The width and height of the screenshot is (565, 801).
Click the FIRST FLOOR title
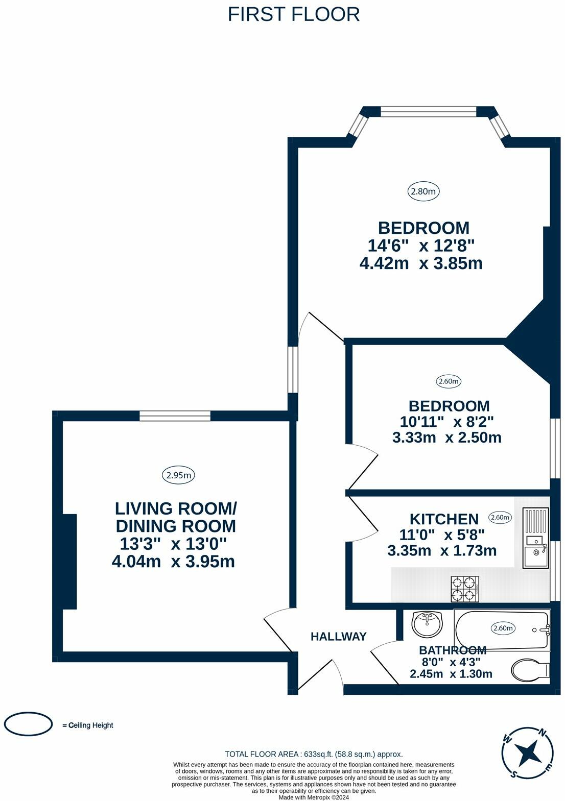tap(293, 15)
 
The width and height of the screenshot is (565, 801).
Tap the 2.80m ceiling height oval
tap(423, 191)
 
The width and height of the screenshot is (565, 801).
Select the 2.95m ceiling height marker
tap(179, 475)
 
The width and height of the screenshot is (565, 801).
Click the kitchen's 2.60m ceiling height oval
tap(500, 517)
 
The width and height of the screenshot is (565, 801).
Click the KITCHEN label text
tap(444, 519)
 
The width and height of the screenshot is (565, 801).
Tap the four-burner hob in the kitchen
tap(465, 589)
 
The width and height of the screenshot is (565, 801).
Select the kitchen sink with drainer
tap(536, 538)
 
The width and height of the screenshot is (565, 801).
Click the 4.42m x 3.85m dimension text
tap(421, 263)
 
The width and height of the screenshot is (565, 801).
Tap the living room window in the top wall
tap(175, 416)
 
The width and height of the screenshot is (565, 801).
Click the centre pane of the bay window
tap(428, 112)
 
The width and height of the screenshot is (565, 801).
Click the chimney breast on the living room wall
tap(70, 562)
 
